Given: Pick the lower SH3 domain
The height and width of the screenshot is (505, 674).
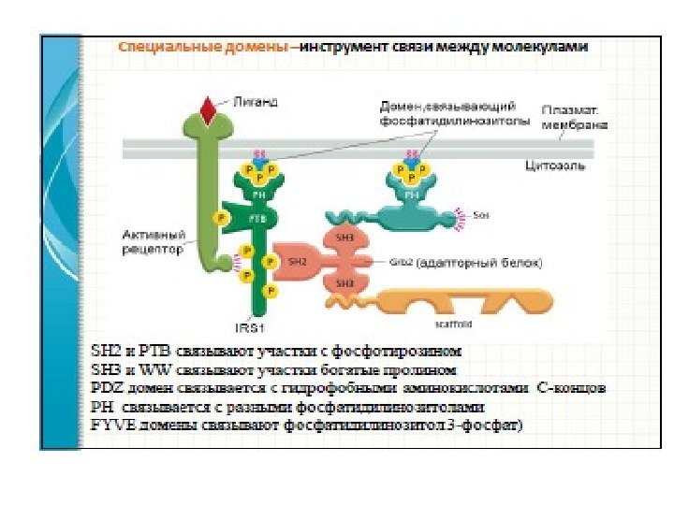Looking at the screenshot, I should (344, 282).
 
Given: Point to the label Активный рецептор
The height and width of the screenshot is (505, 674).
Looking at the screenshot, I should (153, 242).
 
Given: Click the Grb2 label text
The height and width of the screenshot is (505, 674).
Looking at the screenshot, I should (400, 263).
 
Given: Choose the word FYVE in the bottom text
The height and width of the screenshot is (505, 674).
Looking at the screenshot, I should (107, 425).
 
